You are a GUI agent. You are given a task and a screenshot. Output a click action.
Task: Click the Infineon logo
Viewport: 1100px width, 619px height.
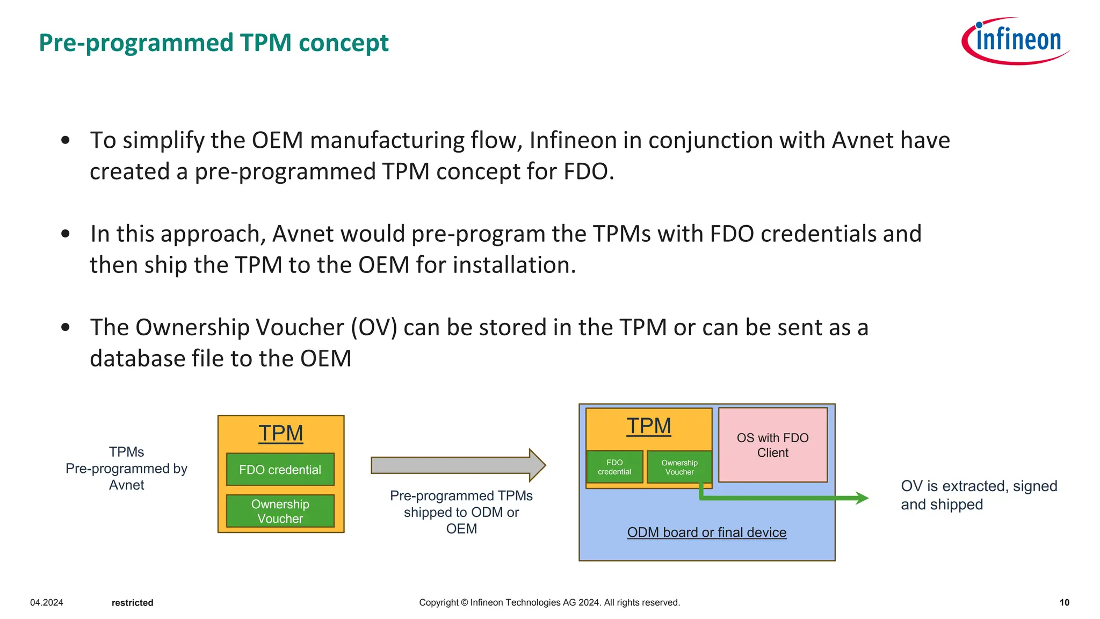[1015, 41]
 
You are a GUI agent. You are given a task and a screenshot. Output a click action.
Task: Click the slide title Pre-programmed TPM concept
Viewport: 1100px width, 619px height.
[213, 43]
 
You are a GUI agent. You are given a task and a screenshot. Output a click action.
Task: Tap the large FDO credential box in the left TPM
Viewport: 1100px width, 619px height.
[280, 470]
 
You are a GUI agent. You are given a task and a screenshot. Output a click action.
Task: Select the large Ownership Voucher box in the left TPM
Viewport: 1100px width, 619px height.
[280, 511]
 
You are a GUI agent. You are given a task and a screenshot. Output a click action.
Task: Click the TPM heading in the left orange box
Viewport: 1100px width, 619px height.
[280, 433]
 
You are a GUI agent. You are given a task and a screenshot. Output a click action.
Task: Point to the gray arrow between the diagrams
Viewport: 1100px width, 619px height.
[457, 465]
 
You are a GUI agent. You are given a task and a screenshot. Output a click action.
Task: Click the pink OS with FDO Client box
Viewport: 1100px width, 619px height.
[772, 445]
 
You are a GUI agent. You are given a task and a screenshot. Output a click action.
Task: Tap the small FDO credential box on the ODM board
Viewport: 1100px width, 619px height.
[614, 467]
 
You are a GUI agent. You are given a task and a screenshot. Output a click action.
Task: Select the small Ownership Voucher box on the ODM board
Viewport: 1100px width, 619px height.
[679, 467]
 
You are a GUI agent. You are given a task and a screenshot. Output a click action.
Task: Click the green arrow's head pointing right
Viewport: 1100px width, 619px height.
[862, 498]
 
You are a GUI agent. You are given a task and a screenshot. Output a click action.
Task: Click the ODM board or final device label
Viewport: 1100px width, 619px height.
[706, 532]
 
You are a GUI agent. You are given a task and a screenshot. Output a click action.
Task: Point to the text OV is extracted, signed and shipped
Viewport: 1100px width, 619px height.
[979, 495]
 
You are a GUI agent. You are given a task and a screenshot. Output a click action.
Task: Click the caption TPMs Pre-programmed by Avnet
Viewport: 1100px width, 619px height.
[127, 469]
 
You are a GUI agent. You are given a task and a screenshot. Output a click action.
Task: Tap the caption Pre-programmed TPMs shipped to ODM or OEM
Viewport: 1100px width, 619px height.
[461, 512]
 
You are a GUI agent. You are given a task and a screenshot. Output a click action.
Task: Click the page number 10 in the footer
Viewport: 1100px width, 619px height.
[1064, 602]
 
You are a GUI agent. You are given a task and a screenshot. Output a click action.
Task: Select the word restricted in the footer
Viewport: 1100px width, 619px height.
[132, 603]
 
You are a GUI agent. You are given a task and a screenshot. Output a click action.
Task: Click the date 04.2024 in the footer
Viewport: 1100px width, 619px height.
[47, 602]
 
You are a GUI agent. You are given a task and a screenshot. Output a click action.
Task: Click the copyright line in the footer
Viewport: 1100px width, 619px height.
[549, 602]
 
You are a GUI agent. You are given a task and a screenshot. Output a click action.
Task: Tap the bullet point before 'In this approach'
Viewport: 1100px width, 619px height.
[66, 234]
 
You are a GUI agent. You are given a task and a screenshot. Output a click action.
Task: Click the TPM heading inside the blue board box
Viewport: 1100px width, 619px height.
[649, 426]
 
